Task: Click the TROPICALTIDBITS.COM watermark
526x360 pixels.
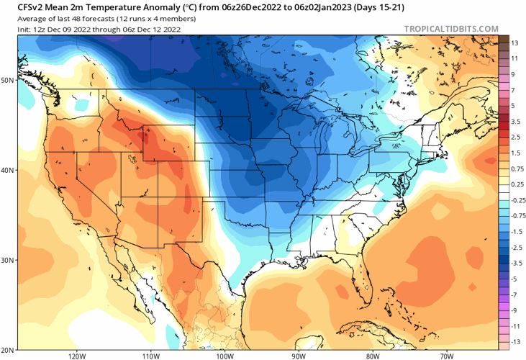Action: coord(451,29)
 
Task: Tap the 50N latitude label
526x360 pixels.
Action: coord(9,80)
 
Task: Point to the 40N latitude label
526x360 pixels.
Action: coord(9,171)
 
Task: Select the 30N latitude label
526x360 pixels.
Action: coord(9,260)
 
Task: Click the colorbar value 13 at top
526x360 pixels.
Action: coord(514,43)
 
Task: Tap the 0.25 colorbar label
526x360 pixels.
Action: coord(517,184)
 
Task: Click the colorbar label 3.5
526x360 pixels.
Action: coord(515,122)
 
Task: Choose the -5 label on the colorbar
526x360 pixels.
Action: coord(514,279)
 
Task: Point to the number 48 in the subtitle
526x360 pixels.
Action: coord(78,18)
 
